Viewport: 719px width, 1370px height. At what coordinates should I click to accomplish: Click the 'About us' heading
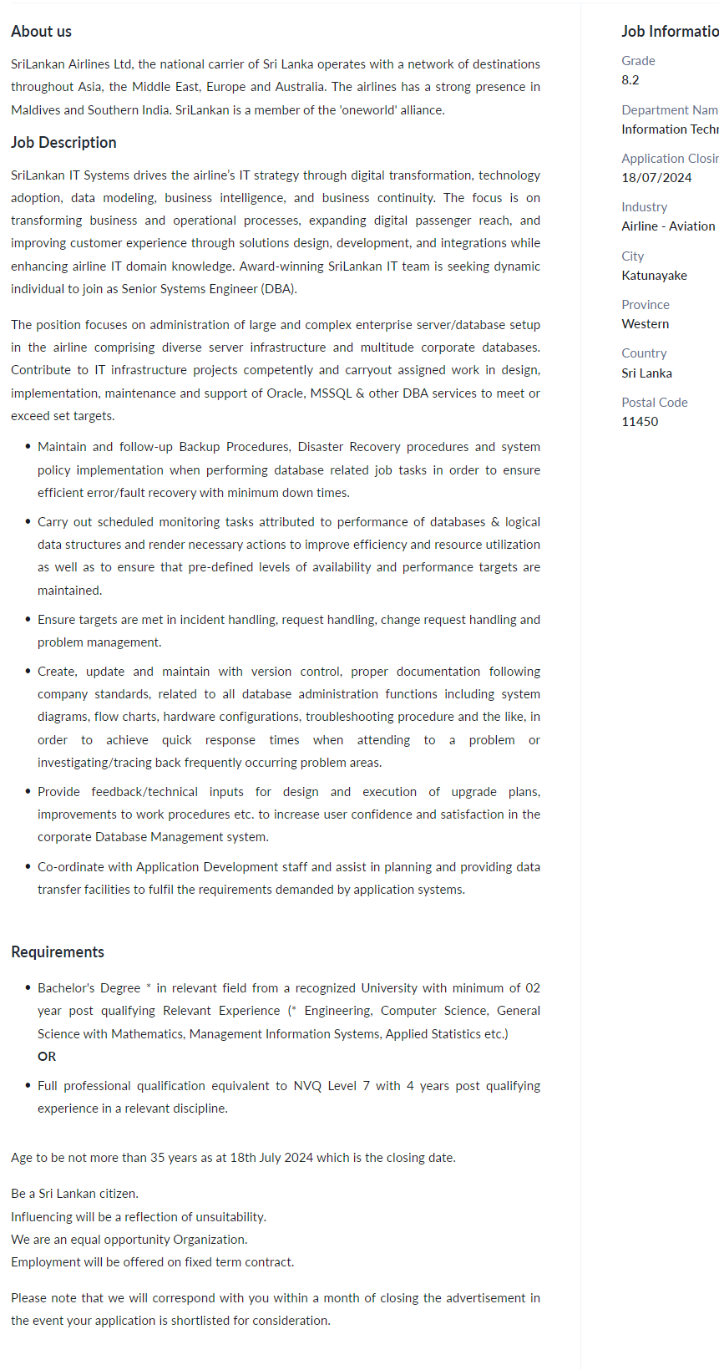point(41,32)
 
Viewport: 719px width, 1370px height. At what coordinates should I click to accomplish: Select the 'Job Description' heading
point(63,143)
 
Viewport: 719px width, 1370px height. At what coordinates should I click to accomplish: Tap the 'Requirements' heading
point(58,952)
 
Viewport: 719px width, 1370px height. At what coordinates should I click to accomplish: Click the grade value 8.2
point(630,80)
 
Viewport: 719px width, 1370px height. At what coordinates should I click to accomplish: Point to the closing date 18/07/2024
point(656,178)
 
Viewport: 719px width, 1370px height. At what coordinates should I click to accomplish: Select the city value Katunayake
point(654,276)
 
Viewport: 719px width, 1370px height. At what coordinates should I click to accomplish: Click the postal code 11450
point(640,422)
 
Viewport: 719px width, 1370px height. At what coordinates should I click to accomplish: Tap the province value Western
point(645,324)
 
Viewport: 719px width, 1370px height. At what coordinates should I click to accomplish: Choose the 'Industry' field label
point(644,207)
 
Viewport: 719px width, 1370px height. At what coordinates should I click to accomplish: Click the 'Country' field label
point(644,353)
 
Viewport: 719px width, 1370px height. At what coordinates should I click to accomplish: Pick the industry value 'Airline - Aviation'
point(668,226)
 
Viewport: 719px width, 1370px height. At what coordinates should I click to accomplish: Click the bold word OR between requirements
point(47,1057)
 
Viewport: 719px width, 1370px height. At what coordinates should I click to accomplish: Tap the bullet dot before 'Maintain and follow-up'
point(28,447)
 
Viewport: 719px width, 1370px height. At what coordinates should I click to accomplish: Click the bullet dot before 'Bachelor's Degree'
point(28,988)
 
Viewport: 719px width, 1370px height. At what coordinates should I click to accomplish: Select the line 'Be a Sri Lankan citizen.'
point(74,1194)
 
